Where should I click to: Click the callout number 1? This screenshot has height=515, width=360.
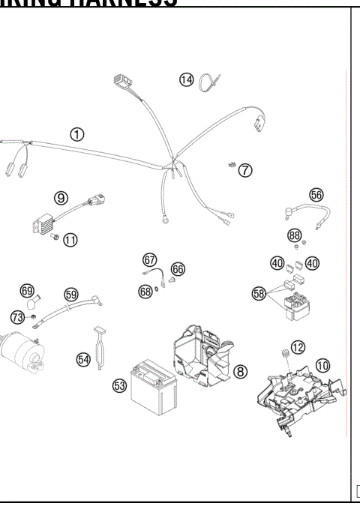[x=76, y=134]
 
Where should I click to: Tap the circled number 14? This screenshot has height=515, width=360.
[x=186, y=79]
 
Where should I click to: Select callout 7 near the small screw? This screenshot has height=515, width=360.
[x=245, y=170]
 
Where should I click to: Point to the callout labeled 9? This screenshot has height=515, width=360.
[x=61, y=198]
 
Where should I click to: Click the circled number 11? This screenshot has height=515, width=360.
[x=70, y=240]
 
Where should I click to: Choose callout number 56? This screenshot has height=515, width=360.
[x=316, y=194]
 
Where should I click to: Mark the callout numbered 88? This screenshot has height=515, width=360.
[x=295, y=235]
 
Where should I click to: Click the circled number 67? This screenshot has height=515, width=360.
[x=150, y=260]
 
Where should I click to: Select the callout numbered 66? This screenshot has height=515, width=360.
[x=178, y=268]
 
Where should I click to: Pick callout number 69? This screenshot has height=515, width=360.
[x=27, y=291]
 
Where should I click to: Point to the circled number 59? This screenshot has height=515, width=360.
[x=70, y=295]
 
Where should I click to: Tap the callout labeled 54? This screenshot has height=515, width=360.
[x=83, y=359]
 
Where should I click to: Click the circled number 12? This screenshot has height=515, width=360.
[x=298, y=346]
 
